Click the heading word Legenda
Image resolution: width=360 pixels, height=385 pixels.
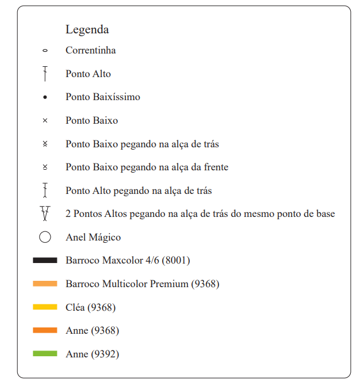87,29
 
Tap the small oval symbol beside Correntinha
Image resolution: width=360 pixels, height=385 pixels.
45,51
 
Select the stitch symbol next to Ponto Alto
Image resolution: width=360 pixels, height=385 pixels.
45,74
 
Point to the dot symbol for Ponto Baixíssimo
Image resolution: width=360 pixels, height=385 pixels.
45,97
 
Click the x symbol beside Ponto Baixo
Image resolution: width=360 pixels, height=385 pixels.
45,121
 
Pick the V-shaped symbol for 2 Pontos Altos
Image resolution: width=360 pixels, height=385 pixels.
45,214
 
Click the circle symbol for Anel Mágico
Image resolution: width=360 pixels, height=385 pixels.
45,237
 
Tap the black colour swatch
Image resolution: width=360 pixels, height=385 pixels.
45,261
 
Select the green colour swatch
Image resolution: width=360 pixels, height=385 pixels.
45,354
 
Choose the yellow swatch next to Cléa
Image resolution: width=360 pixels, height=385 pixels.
45,307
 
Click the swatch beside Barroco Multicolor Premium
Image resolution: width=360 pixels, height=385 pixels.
45,284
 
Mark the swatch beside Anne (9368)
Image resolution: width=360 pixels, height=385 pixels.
45,330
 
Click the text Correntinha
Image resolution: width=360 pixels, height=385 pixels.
90,51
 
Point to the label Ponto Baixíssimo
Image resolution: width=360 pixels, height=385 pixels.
102,97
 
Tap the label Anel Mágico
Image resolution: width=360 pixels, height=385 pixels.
93,237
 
